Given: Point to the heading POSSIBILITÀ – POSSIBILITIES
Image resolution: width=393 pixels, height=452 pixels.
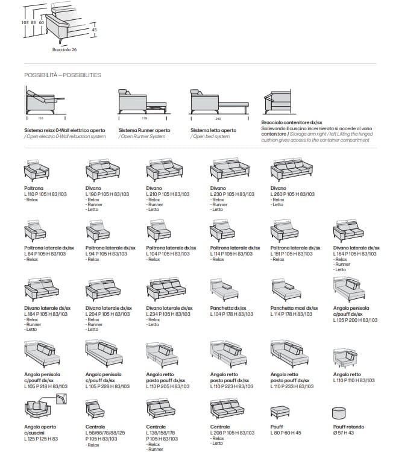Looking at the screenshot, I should [63, 75].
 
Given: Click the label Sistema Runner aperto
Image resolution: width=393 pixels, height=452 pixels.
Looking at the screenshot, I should [144, 130].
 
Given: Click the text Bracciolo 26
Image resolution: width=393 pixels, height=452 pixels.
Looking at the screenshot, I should [64, 50].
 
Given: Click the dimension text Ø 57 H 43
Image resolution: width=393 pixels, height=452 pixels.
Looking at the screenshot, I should [345, 433].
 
